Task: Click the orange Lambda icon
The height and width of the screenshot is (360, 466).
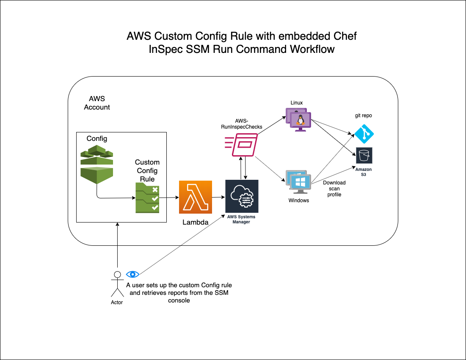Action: pyautogui.click(x=195, y=197)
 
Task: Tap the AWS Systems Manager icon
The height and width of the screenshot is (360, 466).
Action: pyautogui.click(x=242, y=196)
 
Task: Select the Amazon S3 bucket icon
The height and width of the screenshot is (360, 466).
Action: pyautogui.click(x=364, y=156)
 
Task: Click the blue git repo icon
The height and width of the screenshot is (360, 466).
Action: pyautogui.click(x=364, y=134)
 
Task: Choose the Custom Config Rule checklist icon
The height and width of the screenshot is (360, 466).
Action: pyautogui.click(x=147, y=198)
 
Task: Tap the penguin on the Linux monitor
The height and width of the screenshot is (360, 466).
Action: pyautogui.click(x=301, y=120)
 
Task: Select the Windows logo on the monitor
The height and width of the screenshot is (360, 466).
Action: pyautogui.click(x=301, y=182)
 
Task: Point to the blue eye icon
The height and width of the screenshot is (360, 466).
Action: pyautogui.click(x=132, y=274)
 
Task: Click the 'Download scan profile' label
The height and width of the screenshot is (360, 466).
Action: pyautogui.click(x=334, y=189)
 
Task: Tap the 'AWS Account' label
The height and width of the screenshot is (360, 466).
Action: pyautogui.click(x=97, y=103)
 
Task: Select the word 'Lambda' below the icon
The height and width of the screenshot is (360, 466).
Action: pyautogui.click(x=195, y=222)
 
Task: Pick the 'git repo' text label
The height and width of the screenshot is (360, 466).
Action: pyautogui.click(x=363, y=115)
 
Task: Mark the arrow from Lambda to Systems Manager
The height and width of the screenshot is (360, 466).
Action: pyautogui.click(x=218, y=197)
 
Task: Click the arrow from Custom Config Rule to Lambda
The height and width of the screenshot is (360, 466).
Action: pyautogui.click(x=169, y=197)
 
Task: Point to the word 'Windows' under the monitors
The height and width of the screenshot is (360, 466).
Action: pyautogui.click(x=299, y=200)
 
